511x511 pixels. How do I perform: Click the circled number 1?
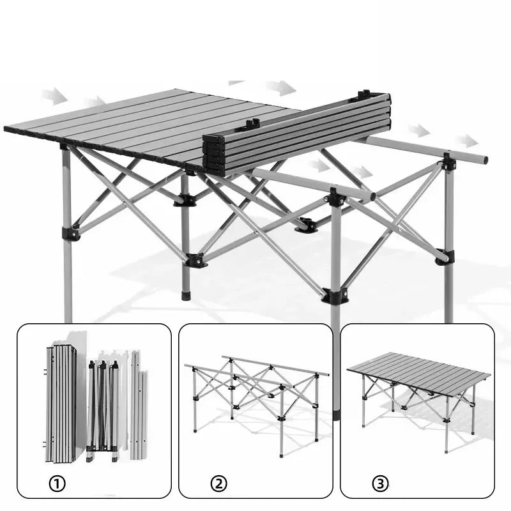57,484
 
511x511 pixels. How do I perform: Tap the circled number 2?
218,484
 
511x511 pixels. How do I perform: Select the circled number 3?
380,484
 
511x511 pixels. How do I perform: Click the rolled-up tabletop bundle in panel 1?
61,404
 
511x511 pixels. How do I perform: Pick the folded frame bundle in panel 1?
103,409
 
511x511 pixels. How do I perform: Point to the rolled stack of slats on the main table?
296,133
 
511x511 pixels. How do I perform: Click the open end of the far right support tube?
485,160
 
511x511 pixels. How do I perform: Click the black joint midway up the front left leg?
71,233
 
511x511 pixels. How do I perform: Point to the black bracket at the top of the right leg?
448,162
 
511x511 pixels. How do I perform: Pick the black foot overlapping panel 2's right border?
336,415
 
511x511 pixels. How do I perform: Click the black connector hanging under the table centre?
306,225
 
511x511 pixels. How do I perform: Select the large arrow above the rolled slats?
281,88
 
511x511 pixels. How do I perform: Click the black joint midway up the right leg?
445,257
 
